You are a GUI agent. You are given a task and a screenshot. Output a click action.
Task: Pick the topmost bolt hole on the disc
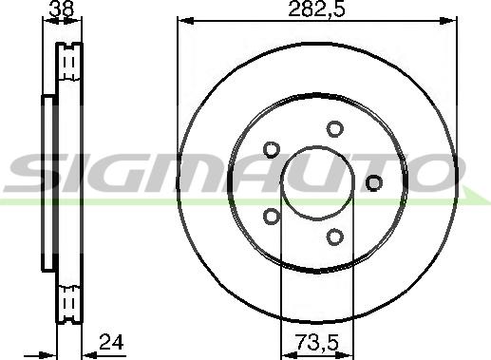[x=333, y=129]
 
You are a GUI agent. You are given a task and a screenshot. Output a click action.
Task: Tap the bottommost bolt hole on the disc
[x=334, y=237]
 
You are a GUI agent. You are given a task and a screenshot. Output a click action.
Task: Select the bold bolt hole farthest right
[x=373, y=182]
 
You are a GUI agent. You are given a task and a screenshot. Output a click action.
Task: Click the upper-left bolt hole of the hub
[x=270, y=150]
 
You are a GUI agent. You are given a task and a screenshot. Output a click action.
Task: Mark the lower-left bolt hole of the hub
[x=270, y=216]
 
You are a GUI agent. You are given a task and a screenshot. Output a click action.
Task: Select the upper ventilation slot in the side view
[x=67, y=64]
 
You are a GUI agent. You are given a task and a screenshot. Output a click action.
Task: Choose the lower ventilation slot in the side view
[x=67, y=303]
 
